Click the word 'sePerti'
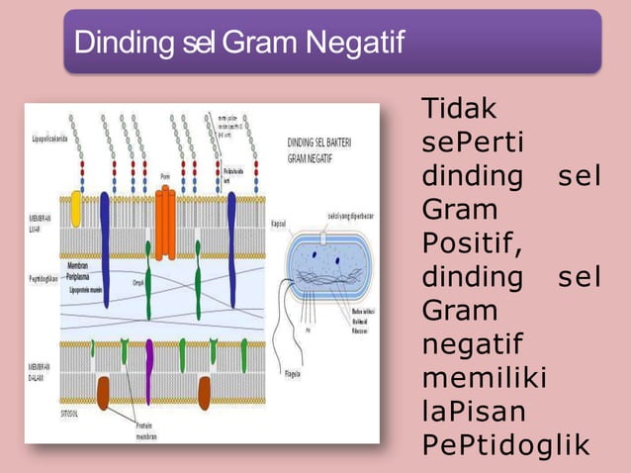point(473,142)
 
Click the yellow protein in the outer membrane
point(76,209)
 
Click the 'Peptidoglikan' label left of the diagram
point(45,280)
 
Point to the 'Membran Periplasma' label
point(83,271)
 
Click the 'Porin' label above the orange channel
point(164,177)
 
